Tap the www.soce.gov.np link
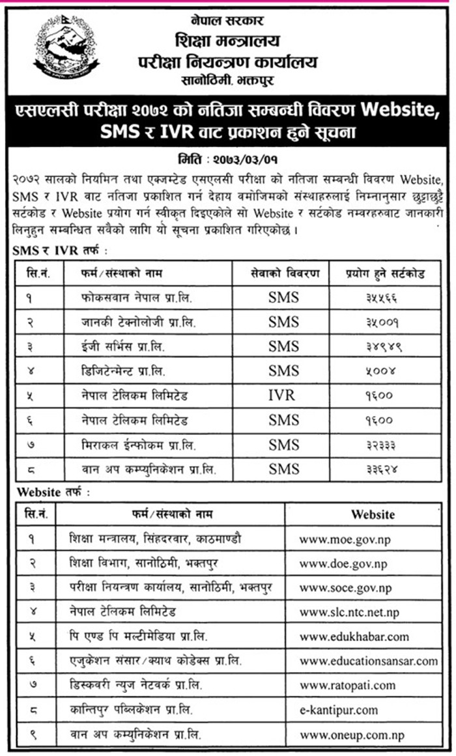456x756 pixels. (x=345, y=588)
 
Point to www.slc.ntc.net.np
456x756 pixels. (x=349, y=612)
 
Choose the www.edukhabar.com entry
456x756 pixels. (x=354, y=636)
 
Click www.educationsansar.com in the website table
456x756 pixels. (x=369, y=661)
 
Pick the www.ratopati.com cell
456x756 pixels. (x=347, y=685)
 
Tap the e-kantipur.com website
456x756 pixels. (x=339, y=710)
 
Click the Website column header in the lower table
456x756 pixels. (x=373, y=514)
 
